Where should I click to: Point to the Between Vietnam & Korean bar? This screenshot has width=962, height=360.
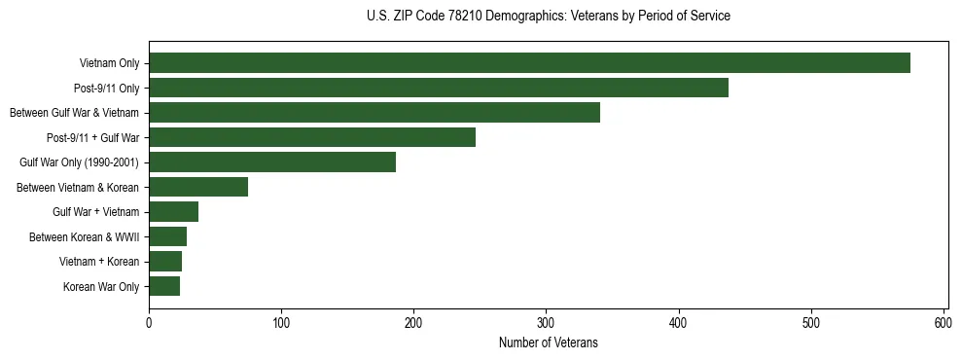[198, 187]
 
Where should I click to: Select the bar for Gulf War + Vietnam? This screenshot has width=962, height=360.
[173, 212]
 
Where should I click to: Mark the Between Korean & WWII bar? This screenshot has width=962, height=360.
[167, 236]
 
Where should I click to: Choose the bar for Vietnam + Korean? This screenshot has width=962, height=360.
[165, 262]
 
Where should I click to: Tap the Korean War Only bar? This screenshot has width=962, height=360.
[164, 286]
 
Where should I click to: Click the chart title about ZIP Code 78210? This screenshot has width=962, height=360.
[549, 17]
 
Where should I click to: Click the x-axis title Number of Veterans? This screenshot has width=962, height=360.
[549, 343]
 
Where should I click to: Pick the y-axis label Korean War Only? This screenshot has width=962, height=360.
[101, 287]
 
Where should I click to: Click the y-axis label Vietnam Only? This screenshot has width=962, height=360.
[109, 64]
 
